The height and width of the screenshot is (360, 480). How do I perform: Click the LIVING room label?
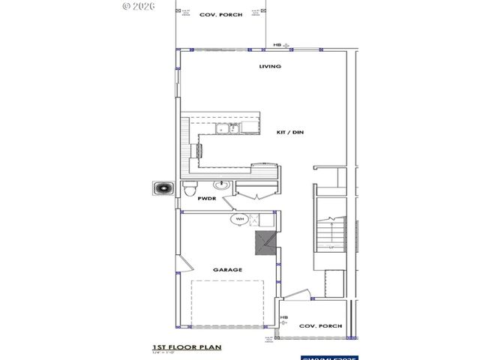click(x=270, y=67)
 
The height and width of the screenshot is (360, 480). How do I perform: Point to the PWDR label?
click(x=207, y=199)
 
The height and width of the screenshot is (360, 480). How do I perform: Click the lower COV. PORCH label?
click(x=320, y=326)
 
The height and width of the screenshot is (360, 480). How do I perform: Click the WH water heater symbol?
click(x=240, y=219)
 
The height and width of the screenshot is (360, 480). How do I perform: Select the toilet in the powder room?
click(x=190, y=187)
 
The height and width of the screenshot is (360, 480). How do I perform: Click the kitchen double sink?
click(x=225, y=130)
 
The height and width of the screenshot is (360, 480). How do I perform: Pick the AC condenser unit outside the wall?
click(x=163, y=189)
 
